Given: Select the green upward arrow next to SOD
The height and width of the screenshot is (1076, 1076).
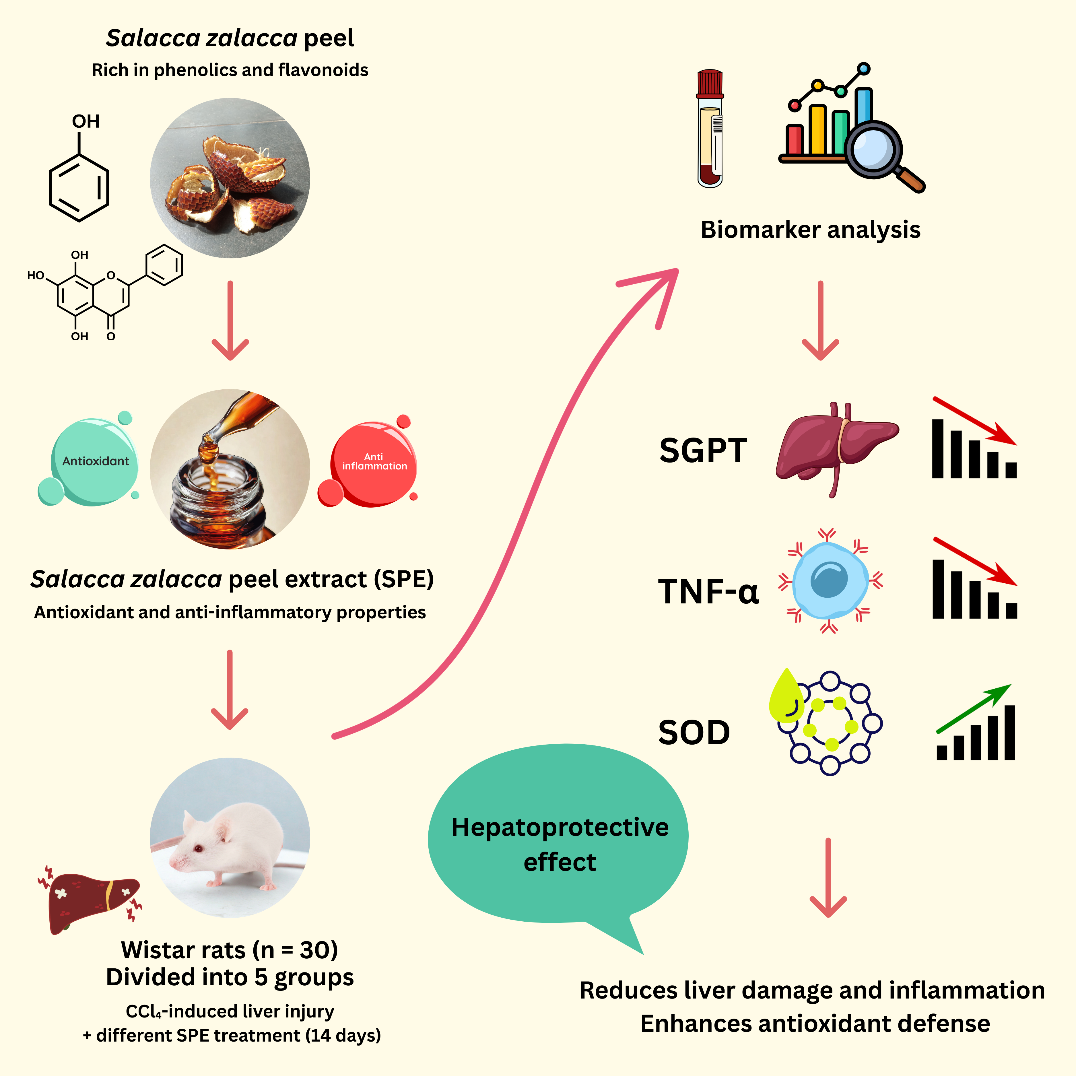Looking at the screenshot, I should coord(975,707).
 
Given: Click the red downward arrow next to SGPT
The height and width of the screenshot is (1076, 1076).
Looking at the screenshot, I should coord(975,420).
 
